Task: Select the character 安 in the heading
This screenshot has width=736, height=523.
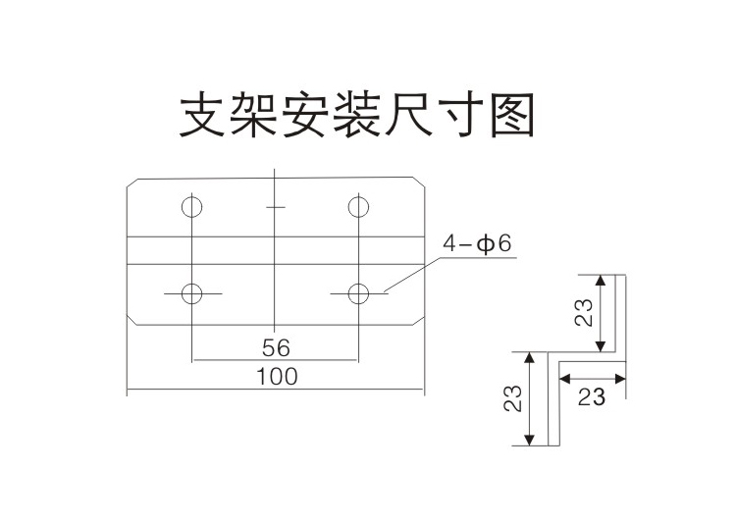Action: tap(307, 116)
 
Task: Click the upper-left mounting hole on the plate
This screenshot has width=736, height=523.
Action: tap(192, 207)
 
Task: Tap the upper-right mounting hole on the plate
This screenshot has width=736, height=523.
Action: tap(358, 207)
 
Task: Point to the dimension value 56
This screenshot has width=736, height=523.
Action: tap(276, 347)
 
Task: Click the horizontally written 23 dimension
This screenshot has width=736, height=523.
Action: tap(591, 397)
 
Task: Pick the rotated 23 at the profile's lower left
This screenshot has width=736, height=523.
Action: tap(512, 398)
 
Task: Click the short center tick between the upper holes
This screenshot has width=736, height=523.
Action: tap(276, 207)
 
